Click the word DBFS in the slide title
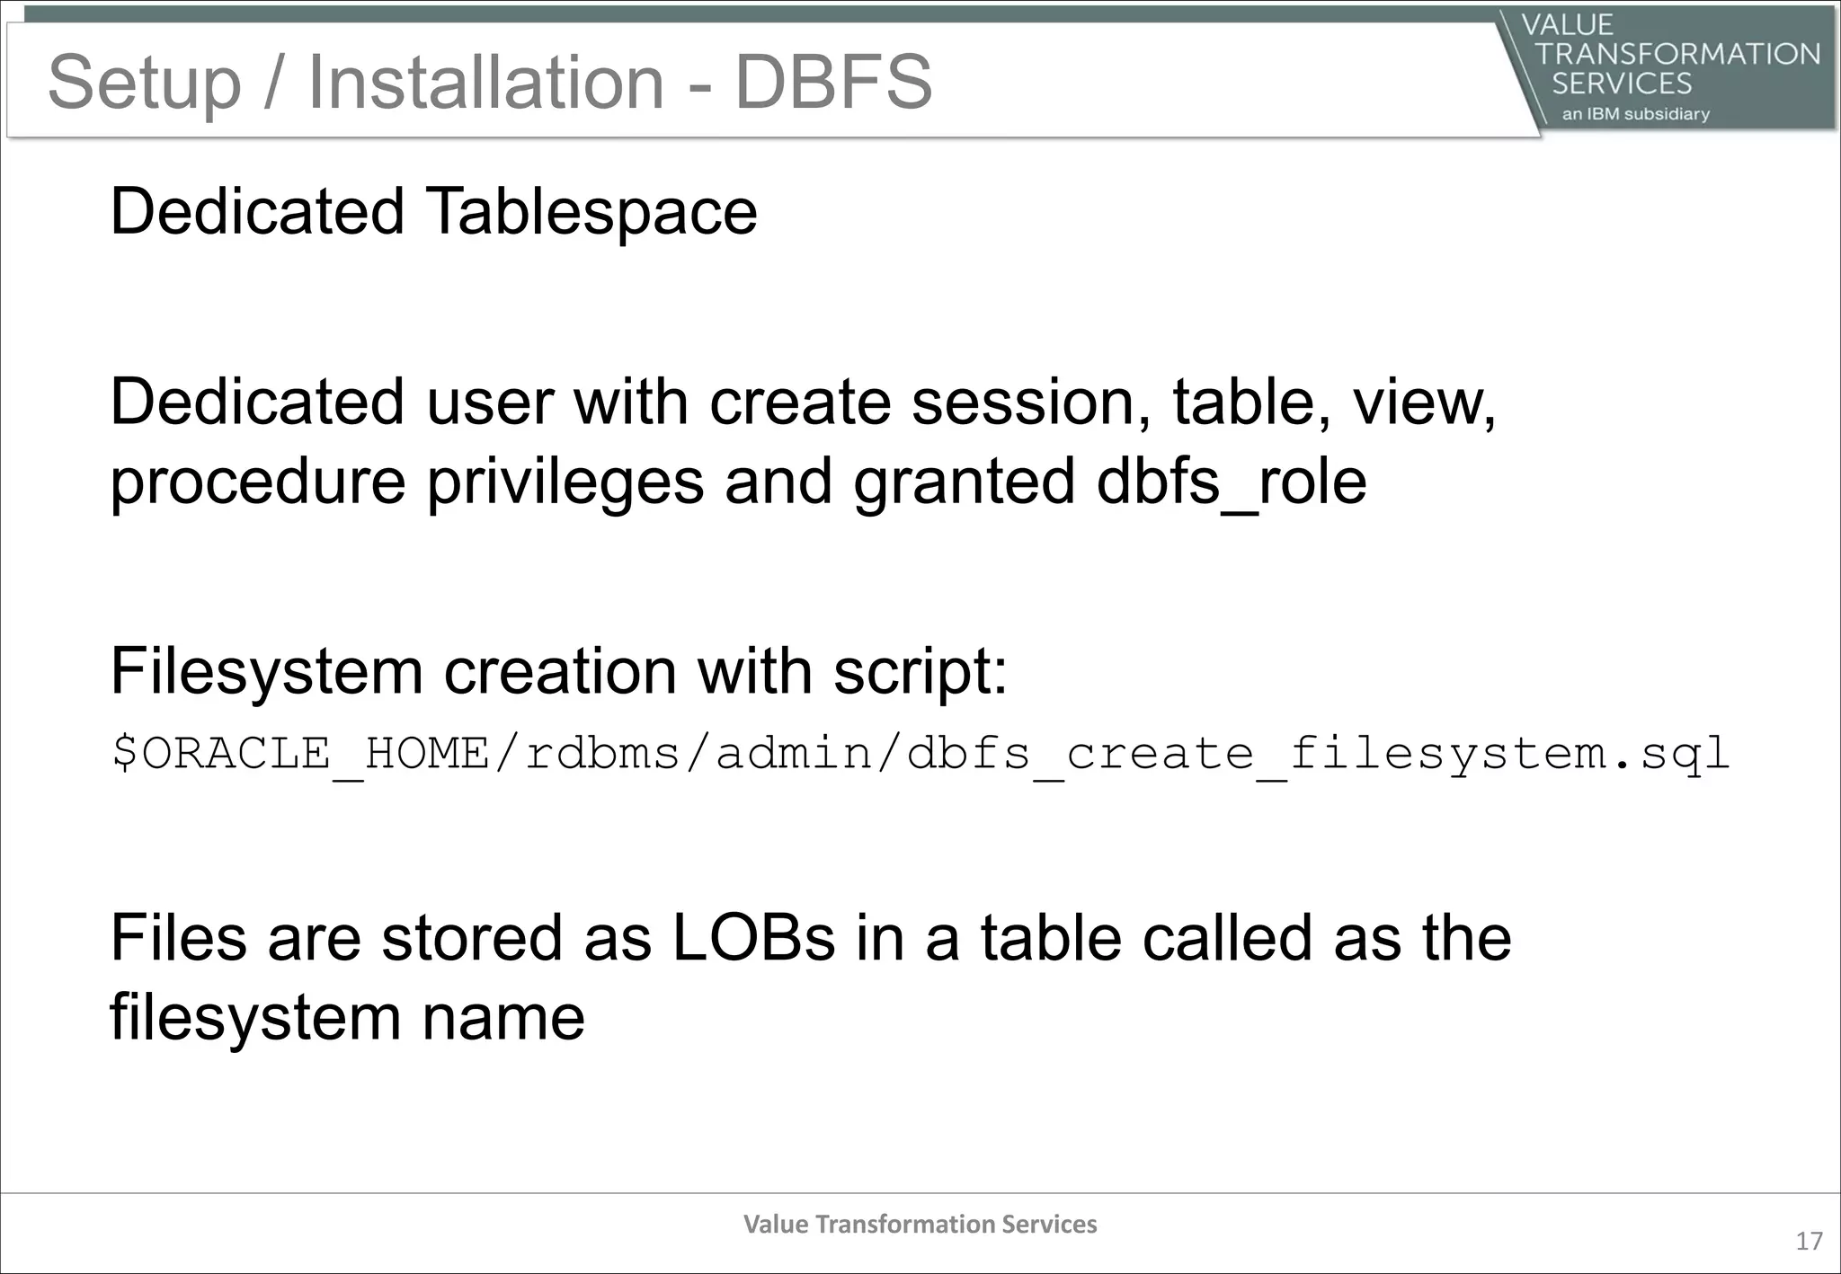coord(833,82)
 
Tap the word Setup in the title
coord(144,84)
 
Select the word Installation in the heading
coord(485,82)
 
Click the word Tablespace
coord(591,212)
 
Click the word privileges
coord(565,482)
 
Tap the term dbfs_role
coord(1232,482)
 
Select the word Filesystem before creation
coord(266,671)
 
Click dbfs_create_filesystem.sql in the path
coord(1318,753)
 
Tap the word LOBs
coord(753,938)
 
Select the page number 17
coord(1809,1242)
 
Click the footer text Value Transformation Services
coord(920,1225)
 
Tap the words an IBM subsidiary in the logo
coord(1635,114)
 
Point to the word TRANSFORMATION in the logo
coord(1677,54)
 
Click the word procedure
coord(258,482)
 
